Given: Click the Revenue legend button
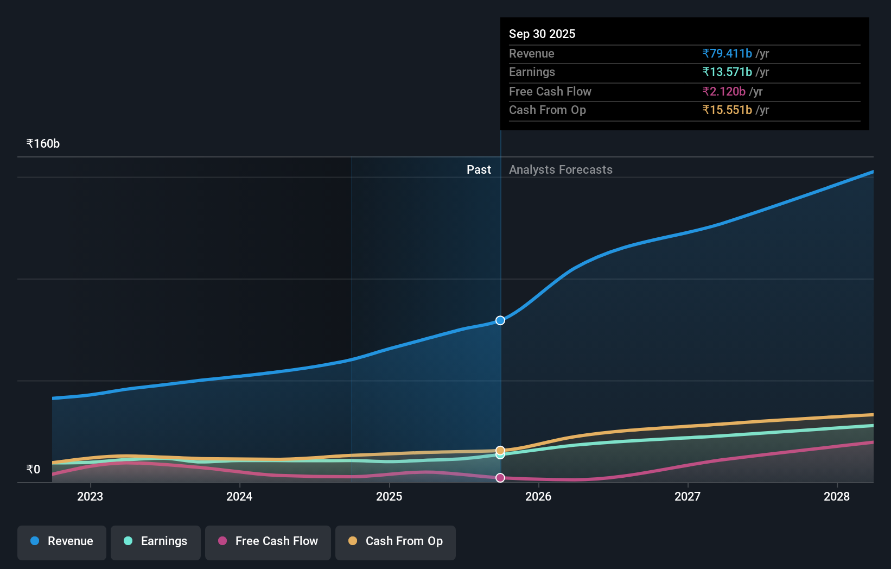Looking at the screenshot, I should pyautogui.click(x=62, y=541).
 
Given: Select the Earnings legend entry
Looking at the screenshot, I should pyautogui.click(x=156, y=541).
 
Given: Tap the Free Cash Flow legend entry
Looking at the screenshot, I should pyautogui.click(x=268, y=541).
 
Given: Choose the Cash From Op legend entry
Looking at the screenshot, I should pyautogui.click(x=396, y=541).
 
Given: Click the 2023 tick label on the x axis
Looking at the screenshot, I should pyautogui.click(x=90, y=496).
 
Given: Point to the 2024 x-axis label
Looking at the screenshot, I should pyautogui.click(x=239, y=496).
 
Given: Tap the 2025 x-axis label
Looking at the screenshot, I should pyautogui.click(x=389, y=496).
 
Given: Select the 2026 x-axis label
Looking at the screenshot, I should pyautogui.click(x=538, y=496).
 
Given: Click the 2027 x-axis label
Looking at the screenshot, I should pyautogui.click(x=688, y=496).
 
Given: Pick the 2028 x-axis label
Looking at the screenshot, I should pyautogui.click(x=837, y=496).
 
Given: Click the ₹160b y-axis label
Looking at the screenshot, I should pyautogui.click(x=43, y=144).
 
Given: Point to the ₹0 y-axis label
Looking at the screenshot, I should pyautogui.click(x=33, y=470).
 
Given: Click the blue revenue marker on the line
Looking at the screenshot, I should pyautogui.click(x=500, y=320).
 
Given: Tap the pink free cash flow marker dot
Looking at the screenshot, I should pyautogui.click(x=500, y=478).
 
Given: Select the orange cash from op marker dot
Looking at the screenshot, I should pyautogui.click(x=500, y=450).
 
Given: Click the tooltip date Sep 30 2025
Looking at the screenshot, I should pyautogui.click(x=542, y=34).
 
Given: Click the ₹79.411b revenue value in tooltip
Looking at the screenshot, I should pyautogui.click(x=727, y=53).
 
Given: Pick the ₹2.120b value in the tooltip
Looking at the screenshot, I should pyautogui.click(x=724, y=91).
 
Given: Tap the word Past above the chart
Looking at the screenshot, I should pyautogui.click(x=479, y=170).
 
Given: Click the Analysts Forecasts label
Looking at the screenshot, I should pyautogui.click(x=561, y=170).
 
